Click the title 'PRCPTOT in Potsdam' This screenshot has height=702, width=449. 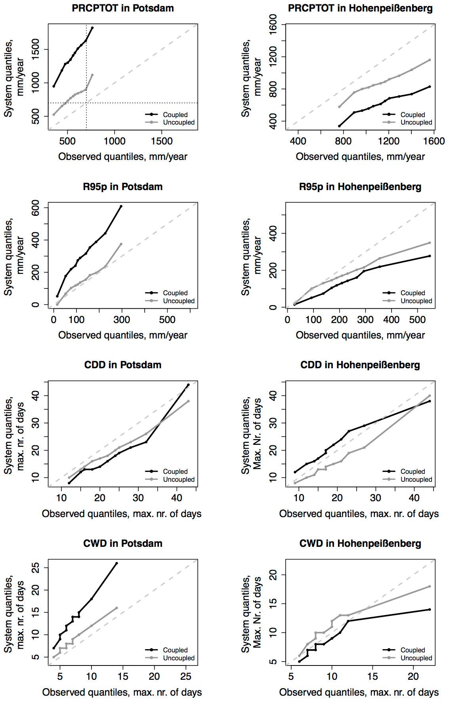point(122,8)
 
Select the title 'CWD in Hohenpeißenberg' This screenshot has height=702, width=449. point(360,543)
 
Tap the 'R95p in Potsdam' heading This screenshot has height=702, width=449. point(122,187)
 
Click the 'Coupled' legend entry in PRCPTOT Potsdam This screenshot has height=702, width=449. point(175,115)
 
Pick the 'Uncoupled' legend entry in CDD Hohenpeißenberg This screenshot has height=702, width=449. point(416,479)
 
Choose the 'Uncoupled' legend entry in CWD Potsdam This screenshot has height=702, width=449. point(179,658)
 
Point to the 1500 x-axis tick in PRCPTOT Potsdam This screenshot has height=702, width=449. point(162,141)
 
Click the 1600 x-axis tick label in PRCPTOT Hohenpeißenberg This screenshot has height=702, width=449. point(434,141)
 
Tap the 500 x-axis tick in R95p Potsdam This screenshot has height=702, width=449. point(167,319)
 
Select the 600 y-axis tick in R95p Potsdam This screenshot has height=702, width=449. point(36,208)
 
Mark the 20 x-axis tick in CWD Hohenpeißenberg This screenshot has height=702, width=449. point(413,676)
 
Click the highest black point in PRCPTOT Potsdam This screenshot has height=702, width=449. point(92,28)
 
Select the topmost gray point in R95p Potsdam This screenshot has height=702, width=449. point(121,244)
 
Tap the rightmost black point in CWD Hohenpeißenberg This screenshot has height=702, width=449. point(430,610)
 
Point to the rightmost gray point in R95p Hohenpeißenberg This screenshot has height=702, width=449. point(430,243)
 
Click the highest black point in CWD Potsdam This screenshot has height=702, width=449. point(117,563)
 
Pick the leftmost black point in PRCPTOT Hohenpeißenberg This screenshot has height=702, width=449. point(339,126)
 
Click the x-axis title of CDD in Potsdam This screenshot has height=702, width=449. point(122,514)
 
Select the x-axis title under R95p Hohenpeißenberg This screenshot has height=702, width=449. point(360,335)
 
